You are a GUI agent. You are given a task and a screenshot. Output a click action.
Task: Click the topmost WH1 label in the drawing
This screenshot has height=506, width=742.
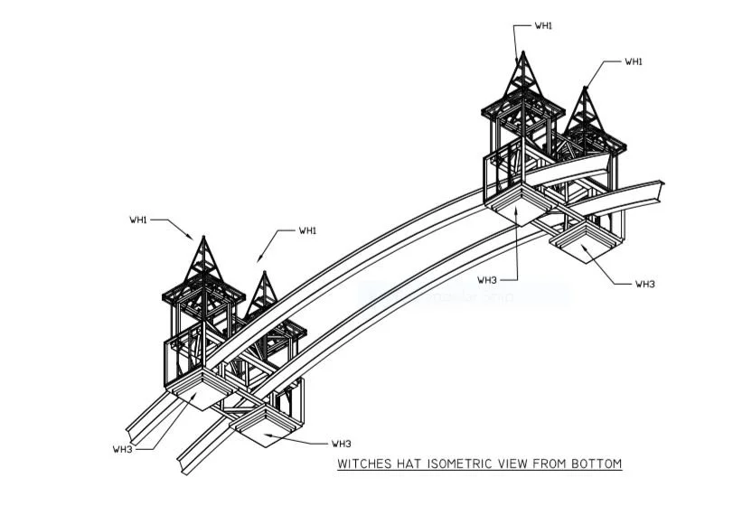(543, 25)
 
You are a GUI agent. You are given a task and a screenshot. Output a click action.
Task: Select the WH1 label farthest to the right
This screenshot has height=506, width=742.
(634, 61)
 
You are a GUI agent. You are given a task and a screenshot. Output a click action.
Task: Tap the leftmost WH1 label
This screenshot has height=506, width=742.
(138, 219)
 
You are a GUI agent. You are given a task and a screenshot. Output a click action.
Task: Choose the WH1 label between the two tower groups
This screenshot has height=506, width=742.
(308, 230)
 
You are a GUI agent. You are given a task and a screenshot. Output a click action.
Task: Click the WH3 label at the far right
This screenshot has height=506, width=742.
(644, 284)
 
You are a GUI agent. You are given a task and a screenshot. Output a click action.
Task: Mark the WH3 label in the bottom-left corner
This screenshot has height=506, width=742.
(123, 449)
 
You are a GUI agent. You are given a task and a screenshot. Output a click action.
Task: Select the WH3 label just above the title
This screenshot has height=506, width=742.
(341, 444)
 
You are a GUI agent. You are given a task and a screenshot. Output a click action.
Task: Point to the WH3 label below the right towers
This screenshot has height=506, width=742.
(487, 279)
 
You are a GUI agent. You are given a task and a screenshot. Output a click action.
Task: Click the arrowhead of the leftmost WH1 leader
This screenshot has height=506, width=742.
(193, 238)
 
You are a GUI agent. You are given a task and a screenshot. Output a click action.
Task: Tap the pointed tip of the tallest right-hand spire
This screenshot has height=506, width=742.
(521, 53)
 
